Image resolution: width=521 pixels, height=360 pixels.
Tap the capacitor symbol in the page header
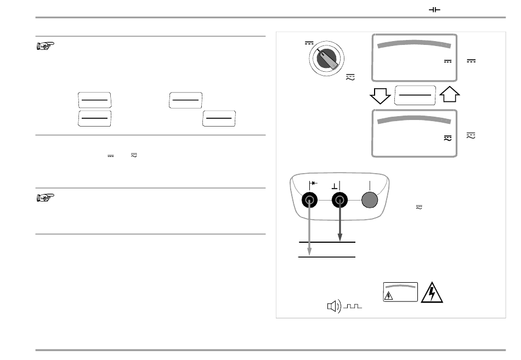pos(434,10)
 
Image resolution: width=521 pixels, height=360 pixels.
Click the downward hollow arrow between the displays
pos(380,96)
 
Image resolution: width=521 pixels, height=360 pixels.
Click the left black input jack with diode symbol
pos(310,201)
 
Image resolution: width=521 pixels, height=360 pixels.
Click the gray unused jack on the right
pos(370,201)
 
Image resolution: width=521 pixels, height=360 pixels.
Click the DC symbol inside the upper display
pos(447,61)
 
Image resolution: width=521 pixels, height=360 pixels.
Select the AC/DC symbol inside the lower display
pos(447,140)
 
